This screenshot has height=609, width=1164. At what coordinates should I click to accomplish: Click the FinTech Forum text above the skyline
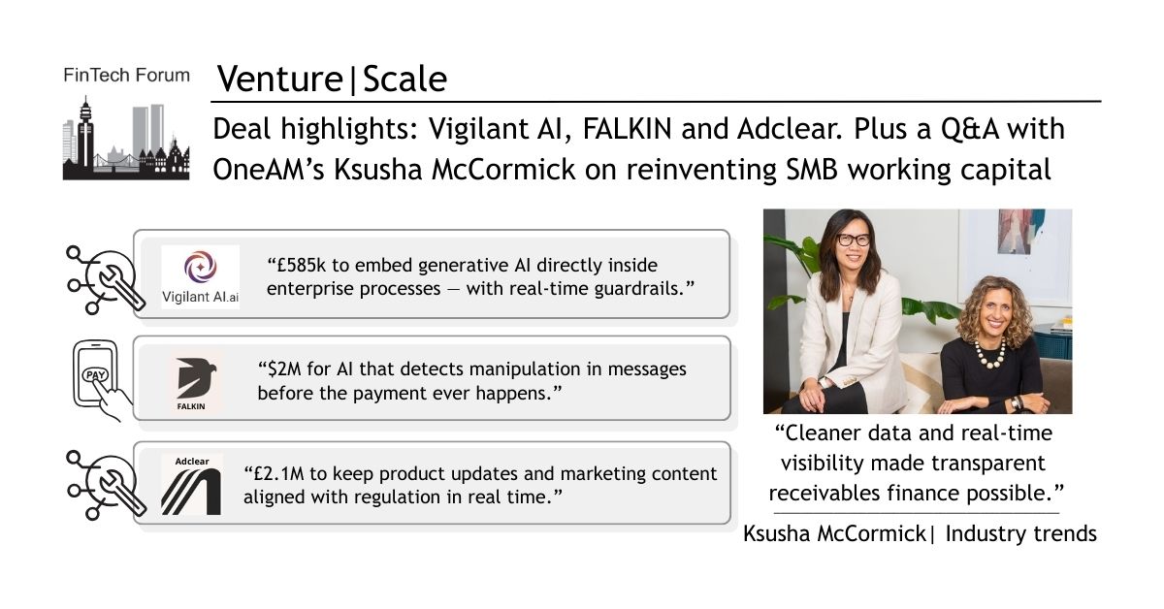(x=126, y=76)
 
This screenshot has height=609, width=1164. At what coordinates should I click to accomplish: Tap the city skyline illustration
(x=126, y=139)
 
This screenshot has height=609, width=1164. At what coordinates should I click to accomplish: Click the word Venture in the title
(x=280, y=79)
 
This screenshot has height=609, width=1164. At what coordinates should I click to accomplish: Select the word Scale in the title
(x=404, y=79)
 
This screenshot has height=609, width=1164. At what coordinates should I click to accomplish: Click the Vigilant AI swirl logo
(x=201, y=267)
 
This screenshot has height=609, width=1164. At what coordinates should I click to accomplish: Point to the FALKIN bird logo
(x=196, y=377)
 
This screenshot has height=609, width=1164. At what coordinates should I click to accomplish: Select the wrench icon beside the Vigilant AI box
(x=105, y=280)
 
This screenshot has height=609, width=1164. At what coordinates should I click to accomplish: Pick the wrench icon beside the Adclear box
(x=105, y=485)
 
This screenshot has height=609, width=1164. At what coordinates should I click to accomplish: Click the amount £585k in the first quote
(x=296, y=265)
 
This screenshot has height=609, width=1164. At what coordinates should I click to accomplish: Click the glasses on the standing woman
(x=854, y=240)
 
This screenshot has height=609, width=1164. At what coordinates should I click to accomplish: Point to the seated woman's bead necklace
(x=989, y=355)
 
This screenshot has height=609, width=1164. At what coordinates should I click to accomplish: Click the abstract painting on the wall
(x=1021, y=231)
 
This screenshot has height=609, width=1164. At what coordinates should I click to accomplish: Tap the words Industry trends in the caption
(x=1020, y=533)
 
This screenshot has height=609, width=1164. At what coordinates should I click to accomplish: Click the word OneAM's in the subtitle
(x=269, y=170)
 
